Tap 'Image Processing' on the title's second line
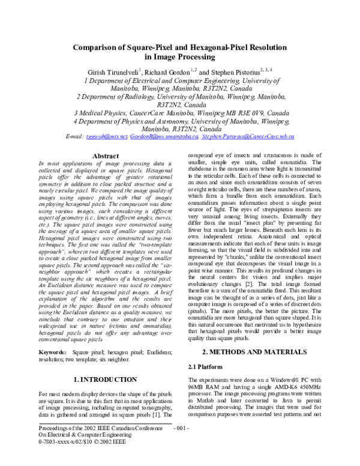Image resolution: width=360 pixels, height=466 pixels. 180,58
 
